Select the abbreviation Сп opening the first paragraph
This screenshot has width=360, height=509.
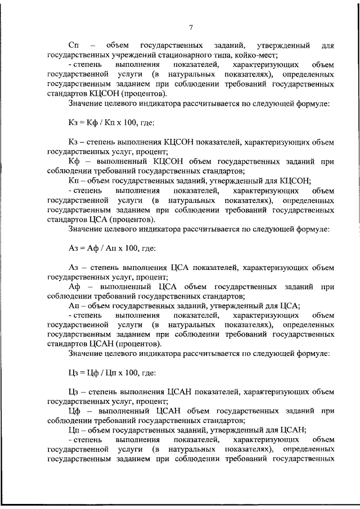(73, 44)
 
